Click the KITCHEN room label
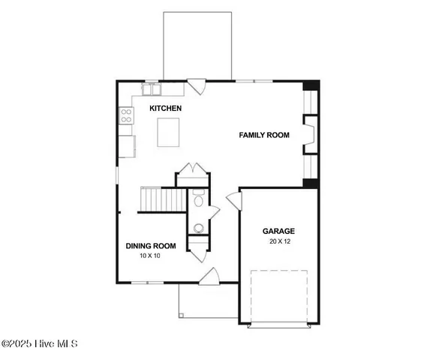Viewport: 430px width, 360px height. [x=165, y=109]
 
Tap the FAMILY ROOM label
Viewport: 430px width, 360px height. [x=264, y=135]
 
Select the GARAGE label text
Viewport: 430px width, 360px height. [x=278, y=231]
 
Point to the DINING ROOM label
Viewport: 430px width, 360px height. [x=150, y=245]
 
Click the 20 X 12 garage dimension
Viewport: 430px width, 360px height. [x=278, y=241]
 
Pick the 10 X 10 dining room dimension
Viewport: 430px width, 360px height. [x=150, y=256]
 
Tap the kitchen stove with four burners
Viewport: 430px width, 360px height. [x=126, y=115]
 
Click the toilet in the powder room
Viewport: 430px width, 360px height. [x=199, y=200]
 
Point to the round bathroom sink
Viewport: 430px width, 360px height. [x=199, y=228]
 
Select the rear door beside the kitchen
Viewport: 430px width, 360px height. [x=197, y=87]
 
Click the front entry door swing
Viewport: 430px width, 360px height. [x=209, y=277]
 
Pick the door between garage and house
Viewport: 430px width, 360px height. [x=233, y=201]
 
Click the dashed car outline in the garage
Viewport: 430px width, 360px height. [x=278, y=294]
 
